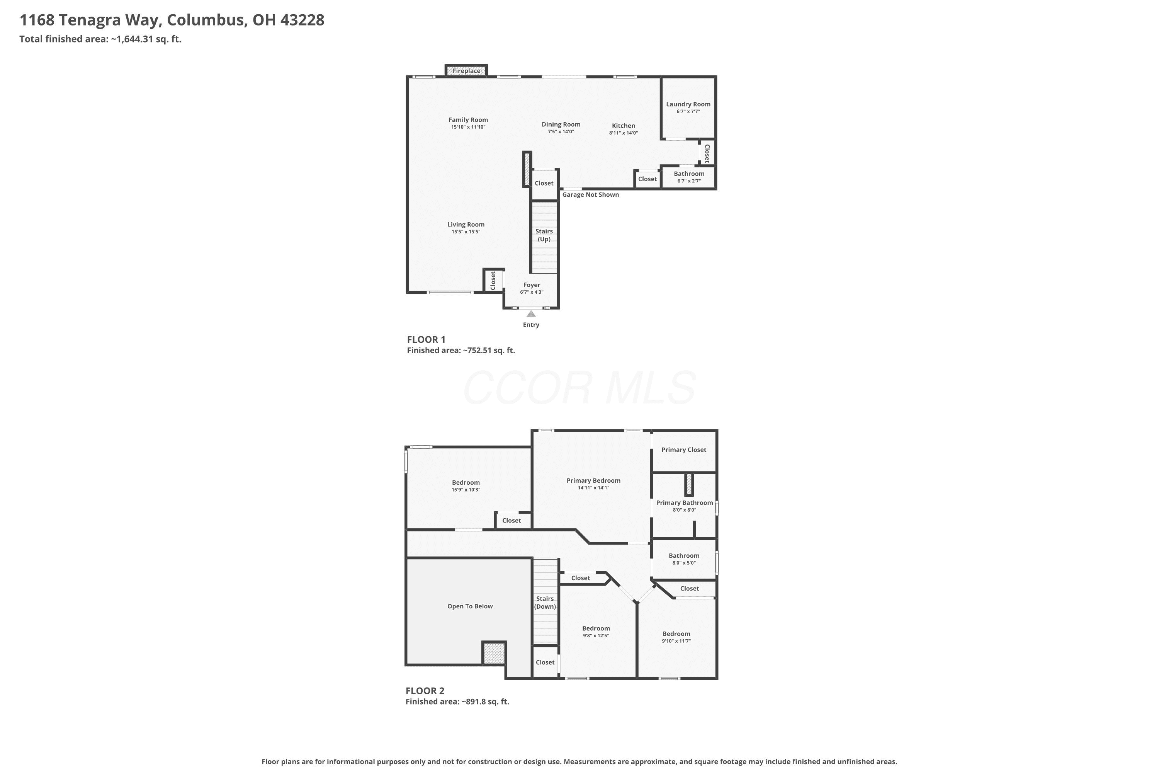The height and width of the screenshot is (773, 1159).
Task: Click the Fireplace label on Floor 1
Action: pyautogui.click(x=466, y=71)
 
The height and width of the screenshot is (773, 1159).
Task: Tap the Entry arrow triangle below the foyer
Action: pyautogui.click(x=531, y=314)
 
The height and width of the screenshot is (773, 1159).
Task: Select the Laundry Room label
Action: pyautogui.click(x=688, y=104)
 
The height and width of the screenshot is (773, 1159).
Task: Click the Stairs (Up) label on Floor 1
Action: pyautogui.click(x=544, y=235)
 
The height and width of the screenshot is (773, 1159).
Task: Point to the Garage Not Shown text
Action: pyautogui.click(x=590, y=195)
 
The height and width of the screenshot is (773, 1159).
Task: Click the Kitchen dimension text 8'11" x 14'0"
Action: pyautogui.click(x=624, y=133)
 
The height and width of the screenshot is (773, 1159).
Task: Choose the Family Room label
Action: pyautogui.click(x=468, y=120)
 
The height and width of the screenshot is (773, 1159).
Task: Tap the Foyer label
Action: pyautogui.click(x=532, y=285)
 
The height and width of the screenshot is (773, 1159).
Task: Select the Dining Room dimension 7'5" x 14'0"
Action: pyautogui.click(x=561, y=132)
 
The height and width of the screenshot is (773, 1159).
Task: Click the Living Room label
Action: pyautogui.click(x=466, y=224)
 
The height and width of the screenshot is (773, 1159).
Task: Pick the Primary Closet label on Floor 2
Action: pyautogui.click(x=683, y=449)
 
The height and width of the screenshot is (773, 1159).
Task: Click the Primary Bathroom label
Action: pyautogui.click(x=685, y=503)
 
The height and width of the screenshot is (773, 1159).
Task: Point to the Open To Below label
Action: pyautogui.click(x=470, y=606)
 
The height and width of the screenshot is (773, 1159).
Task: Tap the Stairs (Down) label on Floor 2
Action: pyautogui.click(x=545, y=603)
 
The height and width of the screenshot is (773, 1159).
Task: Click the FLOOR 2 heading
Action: pyautogui.click(x=425, y=691)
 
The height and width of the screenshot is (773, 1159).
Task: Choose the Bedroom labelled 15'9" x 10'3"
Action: pyautogui.click(x=466, y=483)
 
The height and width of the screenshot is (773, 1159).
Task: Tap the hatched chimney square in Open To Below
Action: pyautogui.click(x=494, y=653)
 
